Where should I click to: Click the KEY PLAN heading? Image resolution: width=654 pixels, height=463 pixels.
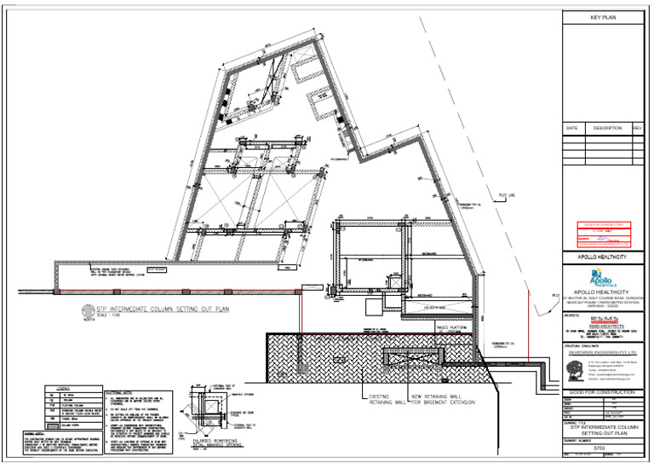tap(603, 17)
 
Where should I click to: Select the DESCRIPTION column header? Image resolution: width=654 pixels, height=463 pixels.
tap(606, 128)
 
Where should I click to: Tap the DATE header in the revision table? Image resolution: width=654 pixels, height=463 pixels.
tap(571, 128)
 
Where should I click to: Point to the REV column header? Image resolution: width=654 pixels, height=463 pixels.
tap(637, 128)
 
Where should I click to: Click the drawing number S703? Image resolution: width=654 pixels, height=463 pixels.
tap(601, 448)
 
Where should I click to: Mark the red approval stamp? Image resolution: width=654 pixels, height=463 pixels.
tap(601, 234)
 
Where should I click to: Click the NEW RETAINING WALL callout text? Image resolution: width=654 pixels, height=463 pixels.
tap(445, 399)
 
